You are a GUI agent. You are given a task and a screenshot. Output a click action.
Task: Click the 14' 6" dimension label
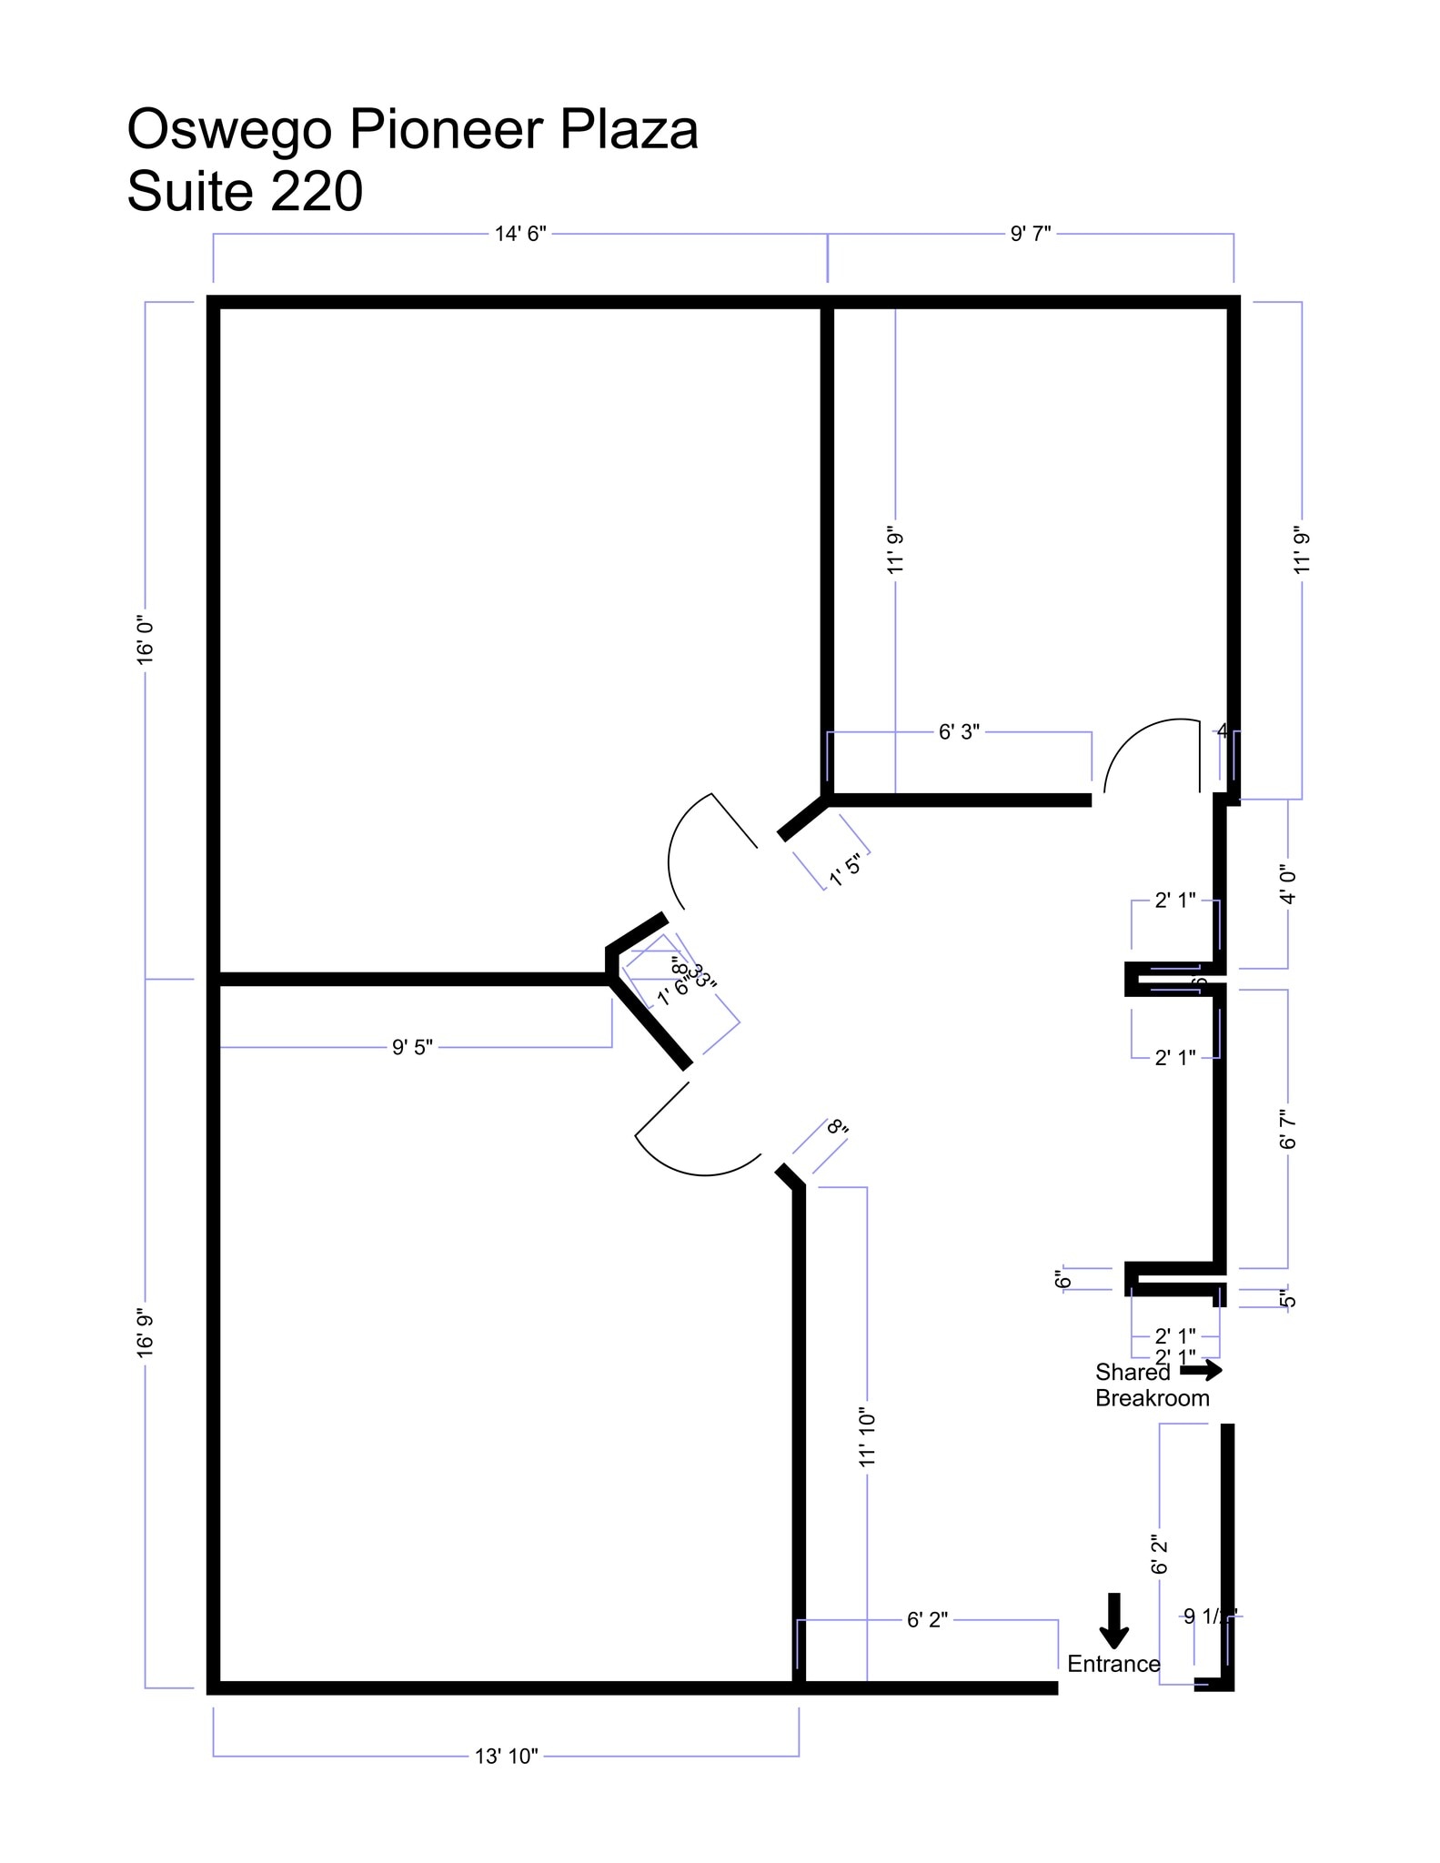519,234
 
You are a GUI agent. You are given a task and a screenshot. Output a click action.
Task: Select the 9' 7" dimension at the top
1030,234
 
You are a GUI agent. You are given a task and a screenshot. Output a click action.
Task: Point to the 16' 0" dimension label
146,640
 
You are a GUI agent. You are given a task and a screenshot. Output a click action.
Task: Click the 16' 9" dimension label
146,1334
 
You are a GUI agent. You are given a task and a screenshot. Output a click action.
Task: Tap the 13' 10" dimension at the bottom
506,1757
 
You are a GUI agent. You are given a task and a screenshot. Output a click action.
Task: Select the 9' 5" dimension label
412,1048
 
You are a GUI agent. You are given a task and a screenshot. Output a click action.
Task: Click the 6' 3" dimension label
959,731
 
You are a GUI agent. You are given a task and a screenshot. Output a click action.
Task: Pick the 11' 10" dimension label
867,1438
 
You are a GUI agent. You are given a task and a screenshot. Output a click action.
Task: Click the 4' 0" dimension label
1288,885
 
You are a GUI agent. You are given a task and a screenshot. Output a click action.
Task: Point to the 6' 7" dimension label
1288,1129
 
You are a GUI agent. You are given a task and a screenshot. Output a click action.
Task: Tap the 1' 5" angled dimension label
845,871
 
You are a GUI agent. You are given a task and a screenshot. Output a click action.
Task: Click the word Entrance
1113,1664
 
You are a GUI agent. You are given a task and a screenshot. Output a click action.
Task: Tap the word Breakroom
1152,1398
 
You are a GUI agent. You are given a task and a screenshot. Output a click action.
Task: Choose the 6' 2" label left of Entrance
927,1619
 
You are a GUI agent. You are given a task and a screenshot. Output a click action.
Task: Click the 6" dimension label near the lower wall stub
1062,1280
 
